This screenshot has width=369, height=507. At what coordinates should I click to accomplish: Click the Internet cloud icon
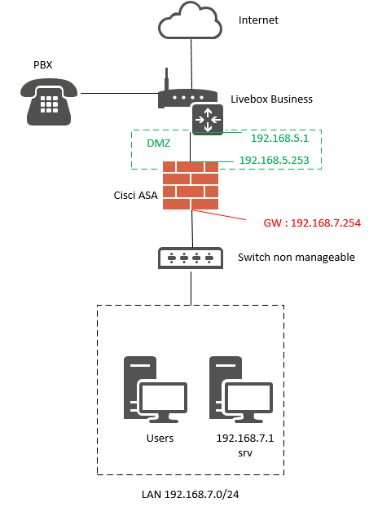[x=190, y=20]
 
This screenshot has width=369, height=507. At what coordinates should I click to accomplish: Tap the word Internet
[x=258, y=20]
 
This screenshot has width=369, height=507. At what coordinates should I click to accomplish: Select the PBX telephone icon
[x=49, y=102]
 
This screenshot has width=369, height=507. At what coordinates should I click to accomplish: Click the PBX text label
[x=42, y=65]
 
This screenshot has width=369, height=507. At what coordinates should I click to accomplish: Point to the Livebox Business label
[x=271, y=99]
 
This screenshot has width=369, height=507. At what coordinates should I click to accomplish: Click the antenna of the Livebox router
[x=167, y=79]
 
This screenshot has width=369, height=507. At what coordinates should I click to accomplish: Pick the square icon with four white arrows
[x=208, y=120]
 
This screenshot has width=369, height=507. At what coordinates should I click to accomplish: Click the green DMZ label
[x=158, y=143]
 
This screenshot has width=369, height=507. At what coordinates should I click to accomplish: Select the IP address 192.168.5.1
[x=280, y=139]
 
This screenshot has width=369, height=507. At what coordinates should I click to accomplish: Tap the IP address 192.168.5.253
[x=274, y=160]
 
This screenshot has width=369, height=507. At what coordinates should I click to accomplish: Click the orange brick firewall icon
[x=191, y=185]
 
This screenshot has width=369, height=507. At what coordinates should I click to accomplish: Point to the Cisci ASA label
[x=135, y=196]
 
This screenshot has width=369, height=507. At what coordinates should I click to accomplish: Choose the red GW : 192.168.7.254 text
[x=312, y=223]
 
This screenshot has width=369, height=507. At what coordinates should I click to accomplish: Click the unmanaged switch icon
[x=191, y=258]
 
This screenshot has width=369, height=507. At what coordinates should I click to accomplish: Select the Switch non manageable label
[x=297, y=258]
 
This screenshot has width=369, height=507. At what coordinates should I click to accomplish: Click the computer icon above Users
[x=156, y=390]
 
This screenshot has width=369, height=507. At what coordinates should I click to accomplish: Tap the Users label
[x=160, y=439]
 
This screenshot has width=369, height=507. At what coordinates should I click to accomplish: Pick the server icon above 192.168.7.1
[x=241, y=390]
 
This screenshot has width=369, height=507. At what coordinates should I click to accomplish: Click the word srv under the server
[x=245, y=453]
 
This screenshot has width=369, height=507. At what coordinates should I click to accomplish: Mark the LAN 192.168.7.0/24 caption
[x=191, y=495]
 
